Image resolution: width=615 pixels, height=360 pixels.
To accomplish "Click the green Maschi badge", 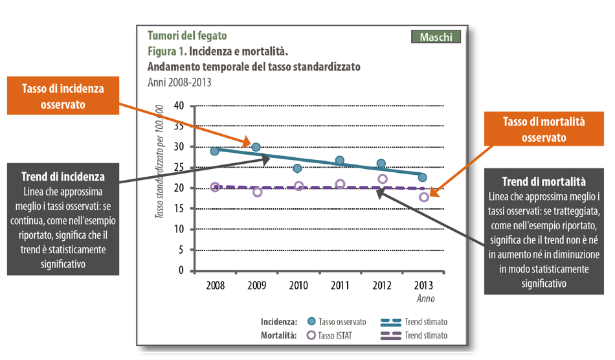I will pos(436,37).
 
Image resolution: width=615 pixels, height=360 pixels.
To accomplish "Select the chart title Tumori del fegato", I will pos(187,36).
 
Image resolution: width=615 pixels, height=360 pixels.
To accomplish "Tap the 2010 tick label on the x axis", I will pos(298,285).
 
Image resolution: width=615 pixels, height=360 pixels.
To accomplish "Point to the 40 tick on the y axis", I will pos(179,106).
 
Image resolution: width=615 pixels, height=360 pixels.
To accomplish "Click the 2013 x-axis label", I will pos(422,285).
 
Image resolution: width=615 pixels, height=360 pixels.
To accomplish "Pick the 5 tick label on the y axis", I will pos(181,250).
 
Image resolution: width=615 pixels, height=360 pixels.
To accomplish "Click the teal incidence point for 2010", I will pos(298,168).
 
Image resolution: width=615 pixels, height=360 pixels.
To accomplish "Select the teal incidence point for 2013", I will pos(422,177).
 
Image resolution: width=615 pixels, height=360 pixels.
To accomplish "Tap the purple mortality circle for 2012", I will pos(382,179).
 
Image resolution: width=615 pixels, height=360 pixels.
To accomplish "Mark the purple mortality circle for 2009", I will pos(257,192).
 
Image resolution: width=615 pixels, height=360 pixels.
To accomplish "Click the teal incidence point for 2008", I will pos(215,151).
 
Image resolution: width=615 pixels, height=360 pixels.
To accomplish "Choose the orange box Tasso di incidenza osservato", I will pos(63,96).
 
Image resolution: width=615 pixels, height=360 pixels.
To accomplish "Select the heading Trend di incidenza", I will pos(63,177).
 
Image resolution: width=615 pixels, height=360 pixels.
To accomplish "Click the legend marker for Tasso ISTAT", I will pos(310,335).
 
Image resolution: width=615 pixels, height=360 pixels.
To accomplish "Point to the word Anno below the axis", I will pos(425,298).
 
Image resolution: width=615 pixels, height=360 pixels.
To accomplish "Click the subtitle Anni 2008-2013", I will pos(179,82).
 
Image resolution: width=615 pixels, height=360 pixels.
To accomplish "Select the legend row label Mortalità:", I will pos(279,335).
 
